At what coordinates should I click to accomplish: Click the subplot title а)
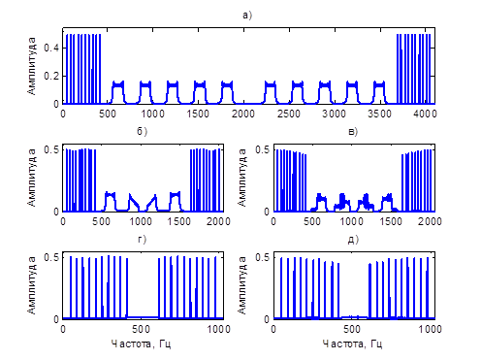[247, 15]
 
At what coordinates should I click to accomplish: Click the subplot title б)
[142, 131]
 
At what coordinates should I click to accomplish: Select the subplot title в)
[353, 132]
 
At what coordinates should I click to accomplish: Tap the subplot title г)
[142, 239]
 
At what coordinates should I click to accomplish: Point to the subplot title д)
[353, 240]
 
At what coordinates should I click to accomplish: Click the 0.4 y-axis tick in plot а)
[51, 48]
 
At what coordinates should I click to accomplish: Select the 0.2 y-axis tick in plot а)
[51, 76]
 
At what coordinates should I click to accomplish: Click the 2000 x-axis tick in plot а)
[243, 114]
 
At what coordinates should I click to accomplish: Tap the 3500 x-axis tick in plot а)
[379, 114]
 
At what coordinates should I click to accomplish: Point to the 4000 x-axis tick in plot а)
[425, 114]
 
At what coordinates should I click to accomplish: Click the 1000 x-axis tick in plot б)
[140, 221]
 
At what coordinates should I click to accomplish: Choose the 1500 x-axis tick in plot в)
[390, 221]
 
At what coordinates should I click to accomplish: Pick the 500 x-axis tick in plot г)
[142, 329]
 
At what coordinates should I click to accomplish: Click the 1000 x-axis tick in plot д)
[430, 329]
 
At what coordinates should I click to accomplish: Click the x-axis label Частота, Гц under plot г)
[141, 344]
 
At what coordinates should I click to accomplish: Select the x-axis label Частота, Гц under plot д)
[352, 344]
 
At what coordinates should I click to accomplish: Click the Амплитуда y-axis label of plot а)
[31, 66]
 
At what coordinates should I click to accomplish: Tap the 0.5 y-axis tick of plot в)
[263, 149]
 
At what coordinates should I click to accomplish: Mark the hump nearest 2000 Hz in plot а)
[227, 92]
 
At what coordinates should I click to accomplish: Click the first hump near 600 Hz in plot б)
[111, 201]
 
